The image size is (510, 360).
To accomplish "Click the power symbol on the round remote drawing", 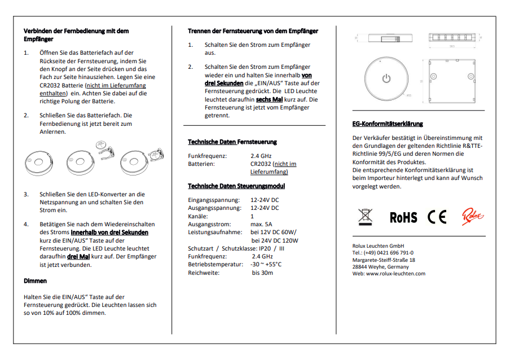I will [x=386, y=78].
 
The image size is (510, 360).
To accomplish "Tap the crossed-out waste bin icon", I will [x=366, y=217].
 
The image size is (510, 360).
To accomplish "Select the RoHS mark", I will [x=403, y=217].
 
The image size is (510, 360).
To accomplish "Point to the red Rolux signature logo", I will [x=473, y=216].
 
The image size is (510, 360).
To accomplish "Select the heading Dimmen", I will [x=35, y=280].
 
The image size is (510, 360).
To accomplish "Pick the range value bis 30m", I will [x=262, y=273].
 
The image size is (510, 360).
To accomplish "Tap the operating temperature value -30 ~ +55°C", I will [x=266, y=264].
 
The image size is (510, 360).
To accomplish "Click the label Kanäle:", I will [x=198, y=216].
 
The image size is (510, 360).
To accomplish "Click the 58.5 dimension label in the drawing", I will [x=452, y=47].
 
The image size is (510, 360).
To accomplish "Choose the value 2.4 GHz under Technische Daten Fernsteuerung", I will [x=261, y=156].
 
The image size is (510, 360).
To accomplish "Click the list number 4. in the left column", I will [x=26, y=224].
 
